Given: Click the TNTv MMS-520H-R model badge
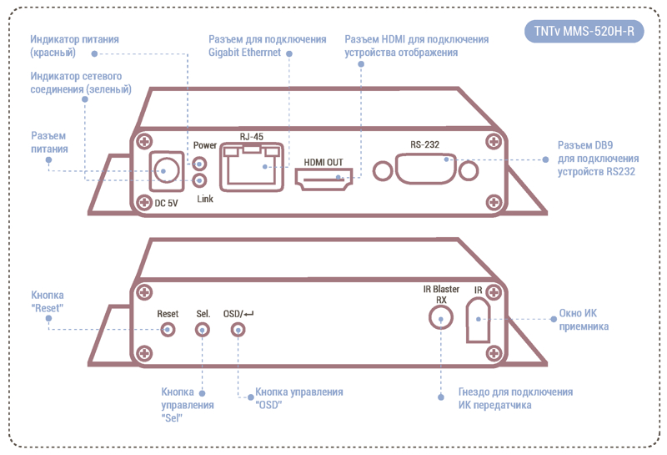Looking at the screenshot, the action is pos(584,31).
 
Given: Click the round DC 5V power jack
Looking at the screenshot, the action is pos(166,171).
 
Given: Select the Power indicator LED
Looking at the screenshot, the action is pos(199,164).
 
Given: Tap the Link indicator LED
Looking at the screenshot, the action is pos(199,180).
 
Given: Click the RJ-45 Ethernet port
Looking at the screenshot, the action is pos(252,167).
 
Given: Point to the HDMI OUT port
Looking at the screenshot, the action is pos(323,179).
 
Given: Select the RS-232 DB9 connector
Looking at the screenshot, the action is pos(425,169).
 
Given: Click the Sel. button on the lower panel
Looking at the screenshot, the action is pos(202,330).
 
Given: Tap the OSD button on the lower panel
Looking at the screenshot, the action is pos(238,330).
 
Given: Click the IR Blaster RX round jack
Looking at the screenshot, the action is pos(441,318).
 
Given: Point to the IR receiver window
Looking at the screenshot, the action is pos(478,320).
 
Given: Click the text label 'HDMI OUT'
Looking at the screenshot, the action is pos(323,162).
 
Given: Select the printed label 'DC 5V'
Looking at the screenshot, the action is pos(166,203).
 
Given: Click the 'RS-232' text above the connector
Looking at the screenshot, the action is pos(424,144).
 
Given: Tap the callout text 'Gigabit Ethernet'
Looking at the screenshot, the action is pos(244,53).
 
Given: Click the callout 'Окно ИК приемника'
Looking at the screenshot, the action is pos(584,320).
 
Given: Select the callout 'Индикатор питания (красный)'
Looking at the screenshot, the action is pos(74,46).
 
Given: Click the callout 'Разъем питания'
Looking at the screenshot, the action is pos(49,142).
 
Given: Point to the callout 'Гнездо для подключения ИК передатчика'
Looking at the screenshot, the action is pos(515,398).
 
